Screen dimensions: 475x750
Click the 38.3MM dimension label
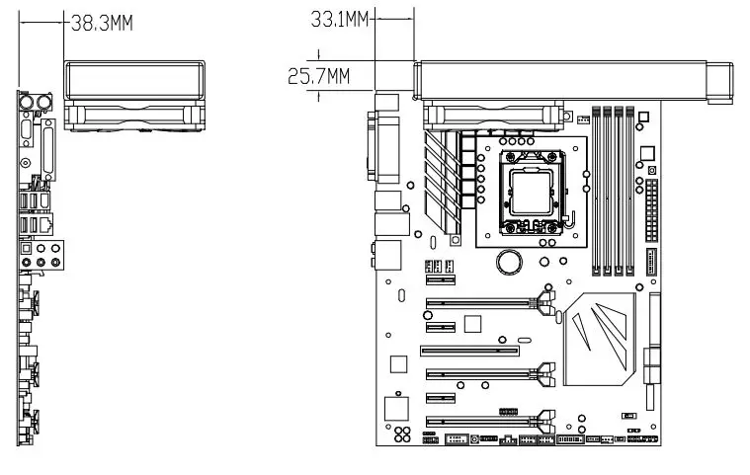point(101,23)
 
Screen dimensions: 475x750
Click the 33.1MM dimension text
point(339,19)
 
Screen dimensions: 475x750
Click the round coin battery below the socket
point(510,262)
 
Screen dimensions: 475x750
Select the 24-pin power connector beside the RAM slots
point(651,210)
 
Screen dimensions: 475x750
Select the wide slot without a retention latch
point(470,350)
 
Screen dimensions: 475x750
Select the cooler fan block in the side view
point(135,96)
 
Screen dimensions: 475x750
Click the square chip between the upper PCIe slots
point(471,323)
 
